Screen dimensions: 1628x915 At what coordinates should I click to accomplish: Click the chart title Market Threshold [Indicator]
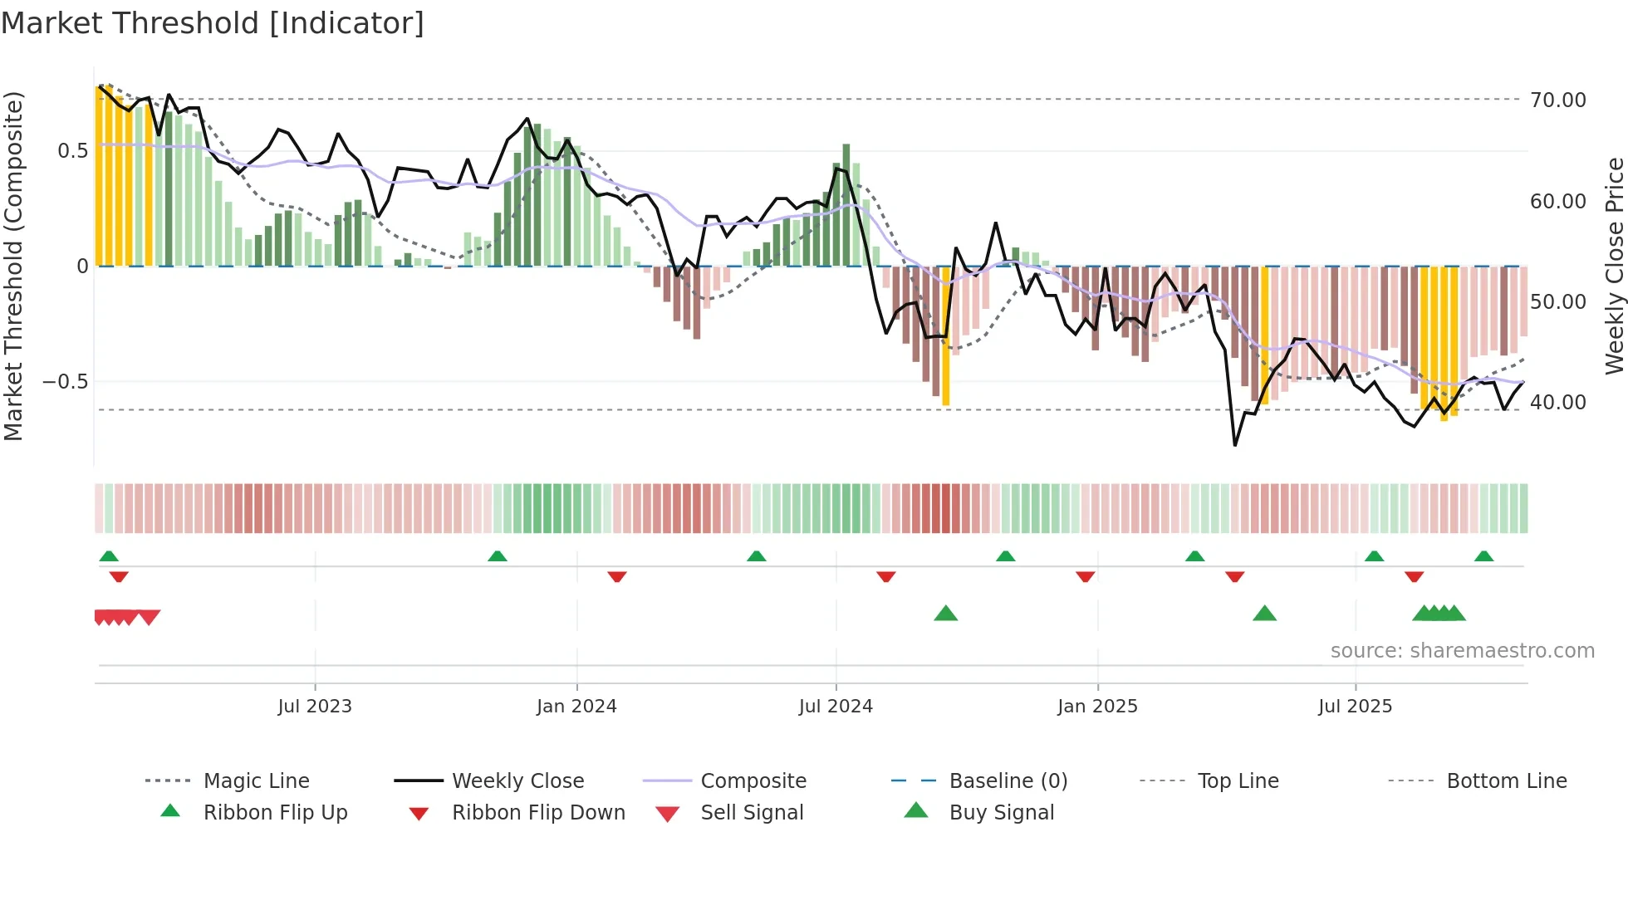pyautogui.click(x=213, y=23)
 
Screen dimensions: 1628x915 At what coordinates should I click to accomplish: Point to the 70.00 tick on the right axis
pyautogui.click(x=1557, y=100)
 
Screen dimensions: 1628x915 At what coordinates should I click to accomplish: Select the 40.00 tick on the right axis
pyautogui.click(x=1557, y=403)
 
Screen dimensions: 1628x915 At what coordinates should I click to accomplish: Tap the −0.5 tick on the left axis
pyautogui.click(x=65, y=382)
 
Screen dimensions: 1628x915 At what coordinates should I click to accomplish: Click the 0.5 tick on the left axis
pyautogui.click(x=72, y=151)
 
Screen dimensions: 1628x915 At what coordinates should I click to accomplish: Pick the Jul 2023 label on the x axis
pyautogui.click(x=315, y=707)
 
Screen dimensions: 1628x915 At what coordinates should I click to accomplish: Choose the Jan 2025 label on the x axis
pyautogui.click(x=1097, y=707)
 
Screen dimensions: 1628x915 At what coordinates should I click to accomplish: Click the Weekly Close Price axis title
pyautogui.click(x=1613, y=266)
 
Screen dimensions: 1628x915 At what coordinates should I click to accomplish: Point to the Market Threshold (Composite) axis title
pyautogui.click(x=13, y=266)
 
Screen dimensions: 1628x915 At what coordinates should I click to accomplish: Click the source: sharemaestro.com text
pyautogui.click(x=1462, y=651)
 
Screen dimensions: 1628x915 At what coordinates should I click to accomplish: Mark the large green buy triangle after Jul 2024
pyautogui.click(x=946, y=614)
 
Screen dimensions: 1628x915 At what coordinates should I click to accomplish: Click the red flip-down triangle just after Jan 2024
pyautogui.click(x=616, y=576)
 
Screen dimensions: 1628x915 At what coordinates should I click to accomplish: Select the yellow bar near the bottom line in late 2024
pyautogui.click(x=946, y=336)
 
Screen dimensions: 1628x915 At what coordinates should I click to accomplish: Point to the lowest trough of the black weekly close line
pyautogui.click(x=1235, y=445)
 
